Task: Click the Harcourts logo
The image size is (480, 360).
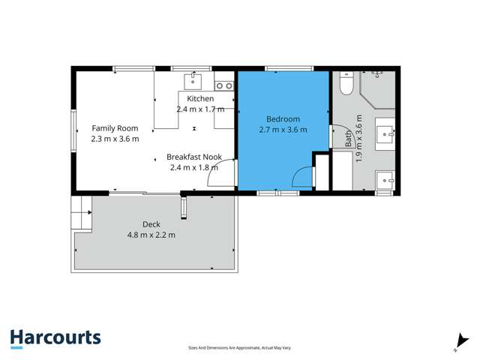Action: click(55, 338)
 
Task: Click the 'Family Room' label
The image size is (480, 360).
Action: click(115, 128)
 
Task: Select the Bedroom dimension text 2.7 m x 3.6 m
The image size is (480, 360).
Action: click(283, 130)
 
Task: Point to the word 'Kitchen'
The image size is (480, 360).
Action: click(200, 99)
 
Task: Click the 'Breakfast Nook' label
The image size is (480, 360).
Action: click(193, 157)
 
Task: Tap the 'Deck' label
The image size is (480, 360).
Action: click(151, 224)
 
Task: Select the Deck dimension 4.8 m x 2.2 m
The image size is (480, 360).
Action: click(151, 235)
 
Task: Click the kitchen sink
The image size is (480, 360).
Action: click(193, 79)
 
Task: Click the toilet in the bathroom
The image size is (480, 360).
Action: click(346, 85)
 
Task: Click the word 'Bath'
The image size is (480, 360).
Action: click(349, 138)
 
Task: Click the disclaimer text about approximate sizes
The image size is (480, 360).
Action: click(239, 348)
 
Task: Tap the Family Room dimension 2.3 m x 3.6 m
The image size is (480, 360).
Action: click(115, 139)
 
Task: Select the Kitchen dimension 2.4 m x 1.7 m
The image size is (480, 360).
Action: click(200, 109)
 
